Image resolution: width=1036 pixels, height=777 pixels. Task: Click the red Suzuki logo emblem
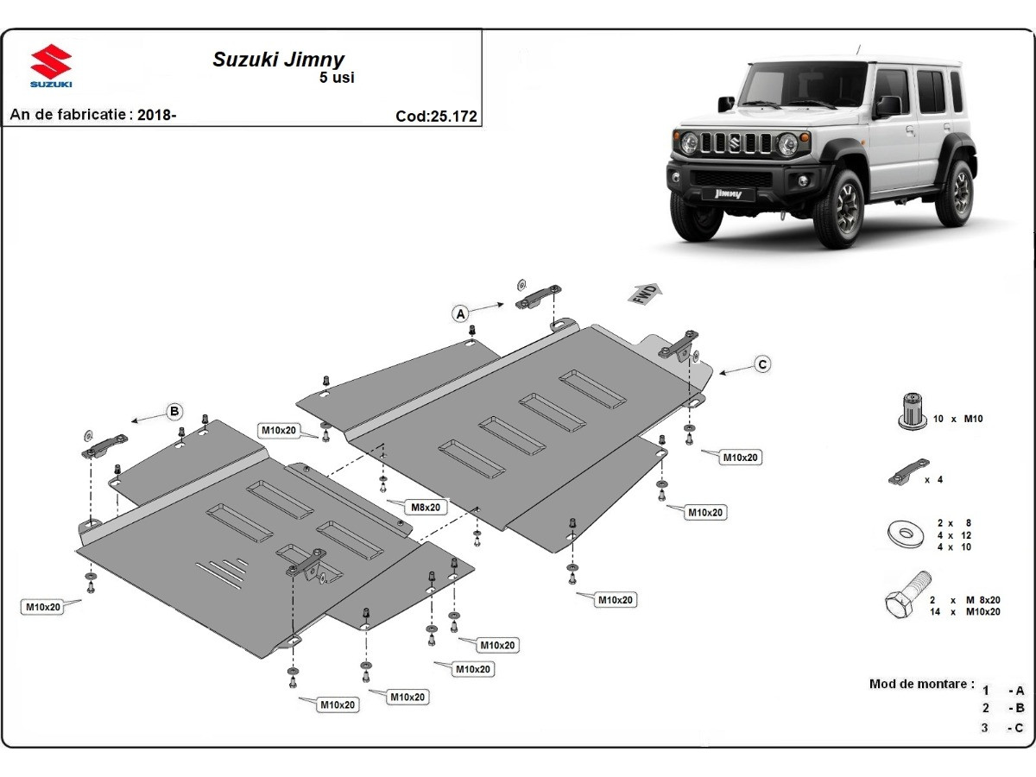pyautogui.click(x=51, y=62)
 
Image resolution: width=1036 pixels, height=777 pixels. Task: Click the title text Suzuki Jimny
pyautogui.click(x=278, y=60)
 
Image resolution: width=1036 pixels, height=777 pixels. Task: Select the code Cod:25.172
pyautogui.click(x=436, y=117)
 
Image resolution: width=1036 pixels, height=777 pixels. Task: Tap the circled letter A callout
pyautogui.click(x=461, y=313)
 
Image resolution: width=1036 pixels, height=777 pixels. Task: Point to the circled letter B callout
pyautogui.click(x=174, y=410)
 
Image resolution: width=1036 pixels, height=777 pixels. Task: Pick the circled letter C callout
pyautogui.click(x=761, y=364)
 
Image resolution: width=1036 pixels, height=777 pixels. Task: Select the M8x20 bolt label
pyautogui.click(x=426, y=507)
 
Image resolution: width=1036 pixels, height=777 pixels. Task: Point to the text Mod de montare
pyautogui.click(x=921, y=684)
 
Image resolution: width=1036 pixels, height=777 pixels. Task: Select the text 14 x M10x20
pyautogui.click(x=964, y=611)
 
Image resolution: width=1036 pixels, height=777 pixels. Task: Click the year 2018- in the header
pyautogui.click(x=157, y=114)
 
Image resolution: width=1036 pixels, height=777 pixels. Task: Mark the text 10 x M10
pyautogui.click(x=957, y=419)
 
